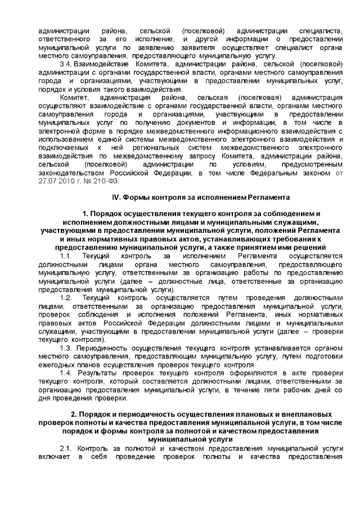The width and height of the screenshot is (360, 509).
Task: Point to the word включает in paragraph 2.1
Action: coord(55,456)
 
